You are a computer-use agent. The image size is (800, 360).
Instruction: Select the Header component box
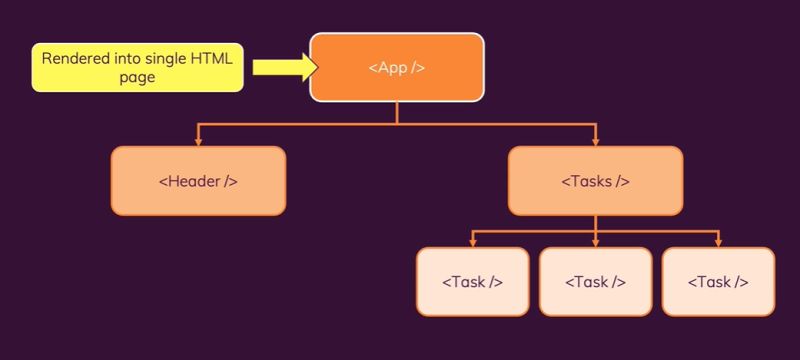click(x=198, y=181)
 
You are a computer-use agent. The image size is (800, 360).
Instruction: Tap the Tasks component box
click(x=595, y=181)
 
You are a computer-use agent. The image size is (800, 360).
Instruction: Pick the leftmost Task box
click(x=472, y=281)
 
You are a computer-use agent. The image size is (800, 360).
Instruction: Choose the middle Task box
click(x=595, y=281)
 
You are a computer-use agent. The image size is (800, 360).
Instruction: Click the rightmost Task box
click(x=718, y=281)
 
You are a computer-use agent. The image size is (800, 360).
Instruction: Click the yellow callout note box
click(x=137, y=68)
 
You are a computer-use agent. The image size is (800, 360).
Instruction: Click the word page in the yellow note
click(x=137, y=77)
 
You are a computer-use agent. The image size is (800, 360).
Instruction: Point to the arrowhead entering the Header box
click(x=198, y=142)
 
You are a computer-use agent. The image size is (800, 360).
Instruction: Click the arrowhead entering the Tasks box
click(x=595, y=142)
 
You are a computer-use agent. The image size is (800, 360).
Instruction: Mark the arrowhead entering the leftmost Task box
click(x=472, y=243)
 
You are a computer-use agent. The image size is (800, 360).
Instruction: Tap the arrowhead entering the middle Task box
click(x=595, y=243)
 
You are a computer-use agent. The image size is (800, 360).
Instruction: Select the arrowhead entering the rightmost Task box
click(x=718, y=243)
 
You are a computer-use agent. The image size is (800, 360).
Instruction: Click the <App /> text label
click(x=397, y=68)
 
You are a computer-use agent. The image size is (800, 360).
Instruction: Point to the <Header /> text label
click(x=198, y=181)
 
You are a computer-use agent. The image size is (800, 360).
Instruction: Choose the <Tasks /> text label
click(x=595, y=181)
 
